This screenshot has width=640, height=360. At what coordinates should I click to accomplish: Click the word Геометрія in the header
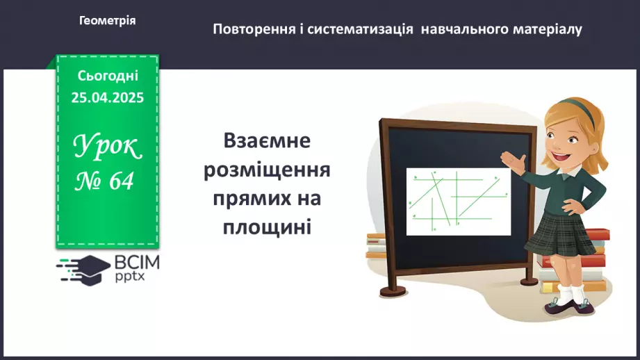click(108, 21)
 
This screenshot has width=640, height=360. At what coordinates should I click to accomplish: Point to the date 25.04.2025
click(108, 98)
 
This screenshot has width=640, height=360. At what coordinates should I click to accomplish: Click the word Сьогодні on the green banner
click(108, 76)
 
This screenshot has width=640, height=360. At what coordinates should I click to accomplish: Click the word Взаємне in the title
click(267, 141)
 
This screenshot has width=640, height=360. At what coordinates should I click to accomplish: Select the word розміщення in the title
click(267, 170)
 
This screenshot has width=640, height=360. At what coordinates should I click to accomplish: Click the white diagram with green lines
click(458, 201)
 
